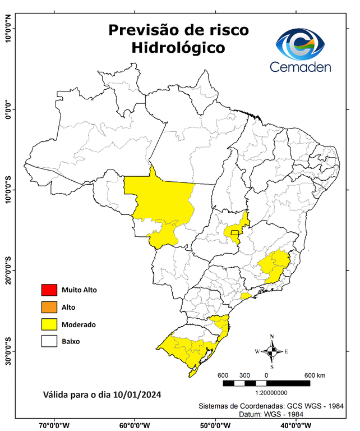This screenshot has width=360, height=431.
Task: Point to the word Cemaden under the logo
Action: pos(301,67)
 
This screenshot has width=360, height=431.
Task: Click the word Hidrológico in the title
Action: pos(178,48)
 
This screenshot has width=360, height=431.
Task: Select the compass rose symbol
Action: pos(272,352)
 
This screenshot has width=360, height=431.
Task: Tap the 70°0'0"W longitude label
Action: pos(54,425)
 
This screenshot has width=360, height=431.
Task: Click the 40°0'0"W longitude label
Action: pos(297,425)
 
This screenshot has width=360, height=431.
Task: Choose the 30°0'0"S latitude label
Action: pos(8,350)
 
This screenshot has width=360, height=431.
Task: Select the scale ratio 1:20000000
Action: pos(272,393)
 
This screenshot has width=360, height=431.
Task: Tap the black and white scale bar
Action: pos(266,383)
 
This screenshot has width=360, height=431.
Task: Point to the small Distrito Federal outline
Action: pos(234,232)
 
